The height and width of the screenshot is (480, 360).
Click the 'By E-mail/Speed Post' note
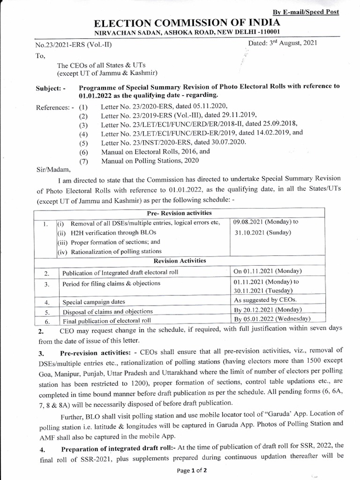pos(312,12)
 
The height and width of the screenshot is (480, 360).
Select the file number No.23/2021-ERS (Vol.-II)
pos(74,45)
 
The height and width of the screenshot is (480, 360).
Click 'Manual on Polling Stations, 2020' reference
pos(150,160)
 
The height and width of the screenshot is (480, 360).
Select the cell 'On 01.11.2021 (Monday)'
pos(267,272)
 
